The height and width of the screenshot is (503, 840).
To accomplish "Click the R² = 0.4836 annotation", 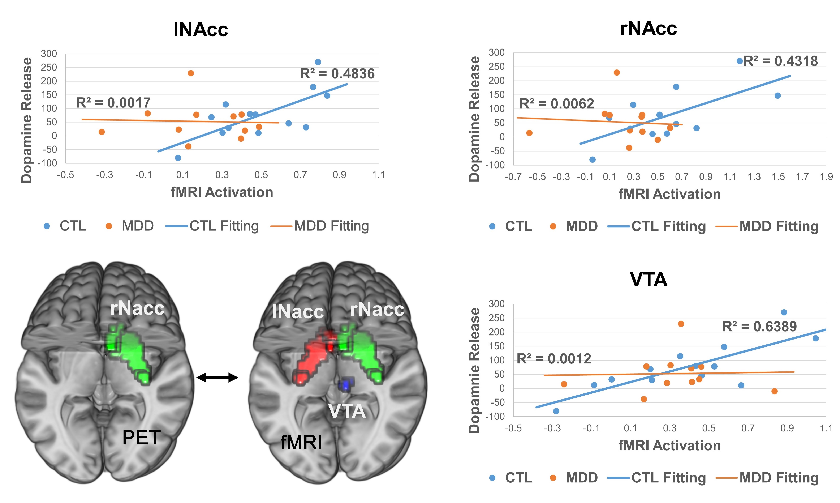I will tap(337, 74).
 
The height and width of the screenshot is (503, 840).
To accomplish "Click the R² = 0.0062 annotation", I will tap(556, 104).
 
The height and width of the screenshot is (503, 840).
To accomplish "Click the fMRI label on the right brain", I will tap(301, 443).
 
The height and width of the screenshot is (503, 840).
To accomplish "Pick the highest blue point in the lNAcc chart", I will tap(318, 62).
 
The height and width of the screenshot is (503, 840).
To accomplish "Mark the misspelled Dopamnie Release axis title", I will tap(474, 370).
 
